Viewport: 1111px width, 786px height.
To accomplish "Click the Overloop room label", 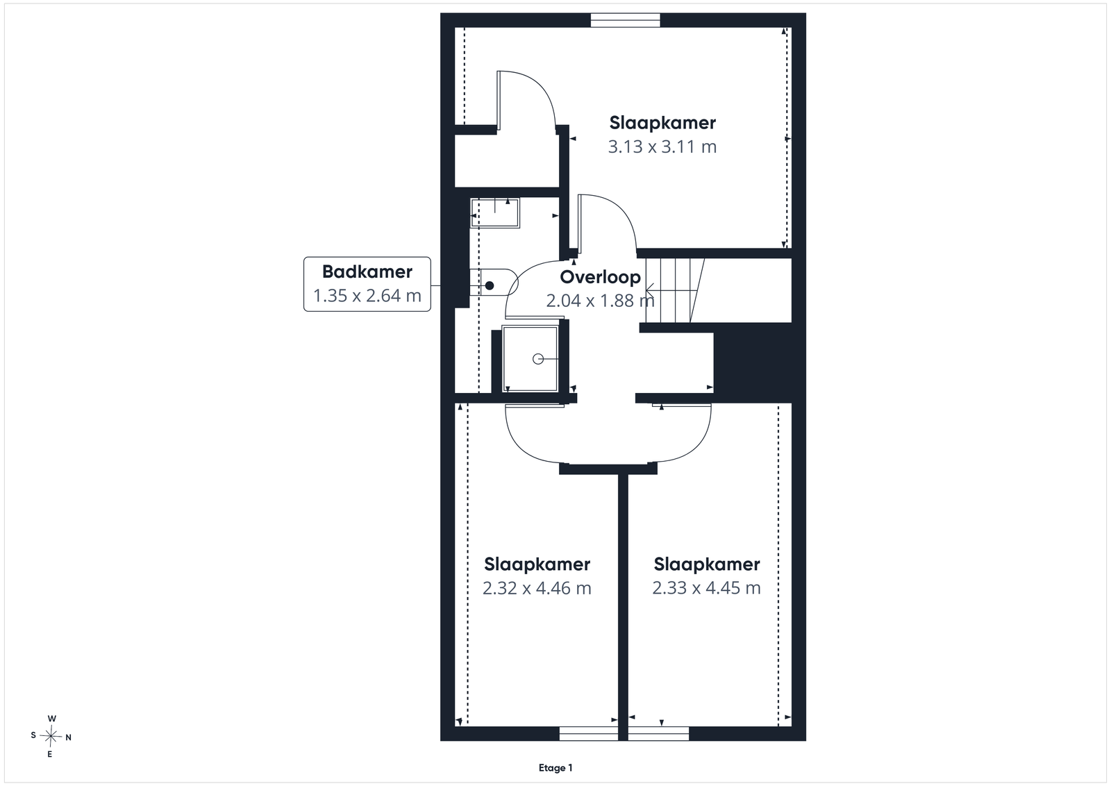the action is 600,277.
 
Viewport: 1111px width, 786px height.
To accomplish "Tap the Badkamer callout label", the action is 367,271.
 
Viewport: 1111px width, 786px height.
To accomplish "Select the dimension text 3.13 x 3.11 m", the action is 662,147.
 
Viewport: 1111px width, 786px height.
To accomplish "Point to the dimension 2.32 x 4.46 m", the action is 537,588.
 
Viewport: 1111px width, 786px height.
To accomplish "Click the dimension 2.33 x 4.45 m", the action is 706,587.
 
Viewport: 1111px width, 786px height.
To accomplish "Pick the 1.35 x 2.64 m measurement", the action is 367,296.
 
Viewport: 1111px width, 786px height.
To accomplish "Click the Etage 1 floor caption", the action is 555,768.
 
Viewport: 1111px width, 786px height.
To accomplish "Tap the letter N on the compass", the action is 69,737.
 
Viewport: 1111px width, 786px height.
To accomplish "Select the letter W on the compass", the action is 51,719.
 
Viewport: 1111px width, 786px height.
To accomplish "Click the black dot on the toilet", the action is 490,285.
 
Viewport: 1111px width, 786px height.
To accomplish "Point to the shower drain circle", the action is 537,358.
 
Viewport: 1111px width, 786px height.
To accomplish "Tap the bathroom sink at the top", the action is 495,212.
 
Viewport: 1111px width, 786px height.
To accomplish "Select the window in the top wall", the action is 625,20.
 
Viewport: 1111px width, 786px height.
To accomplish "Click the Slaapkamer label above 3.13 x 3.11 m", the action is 662,123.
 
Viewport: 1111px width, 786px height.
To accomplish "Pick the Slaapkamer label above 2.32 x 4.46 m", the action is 537,565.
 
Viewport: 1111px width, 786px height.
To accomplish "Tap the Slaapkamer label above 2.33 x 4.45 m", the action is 706,564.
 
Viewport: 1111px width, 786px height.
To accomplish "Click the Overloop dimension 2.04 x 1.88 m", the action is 600,301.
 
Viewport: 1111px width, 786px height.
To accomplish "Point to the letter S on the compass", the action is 33,735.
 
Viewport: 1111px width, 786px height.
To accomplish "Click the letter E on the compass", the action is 49,755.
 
